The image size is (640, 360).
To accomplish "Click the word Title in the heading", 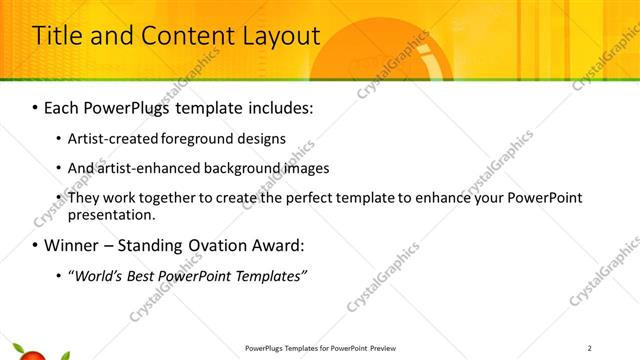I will tap(56, 36).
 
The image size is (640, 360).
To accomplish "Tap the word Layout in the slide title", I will tap(280, 36).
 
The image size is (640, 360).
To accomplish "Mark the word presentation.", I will tap(112, 214).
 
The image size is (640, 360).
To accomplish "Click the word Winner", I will tap(71, 245).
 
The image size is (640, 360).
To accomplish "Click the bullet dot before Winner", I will tap(36, 245).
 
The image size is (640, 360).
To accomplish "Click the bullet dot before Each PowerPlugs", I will tap(36, 106).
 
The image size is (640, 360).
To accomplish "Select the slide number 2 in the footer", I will tap(590, 348).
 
